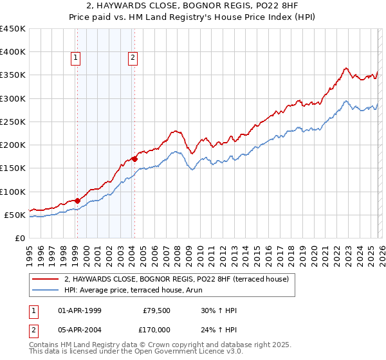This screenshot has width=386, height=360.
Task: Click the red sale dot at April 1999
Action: [77, 201]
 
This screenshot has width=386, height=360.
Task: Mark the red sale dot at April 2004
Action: [134, 158]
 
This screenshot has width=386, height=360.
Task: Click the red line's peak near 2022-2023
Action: [346, 67]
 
